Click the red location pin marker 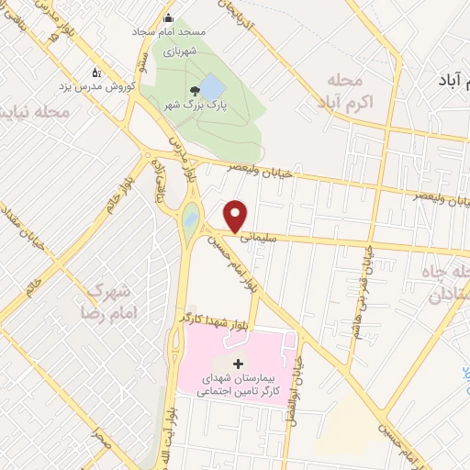point(236,215)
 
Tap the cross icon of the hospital point(239,364)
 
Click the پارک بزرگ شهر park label point(195,106)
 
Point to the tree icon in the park point(195,90)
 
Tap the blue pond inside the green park point(212,88)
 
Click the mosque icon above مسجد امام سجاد point(168,17)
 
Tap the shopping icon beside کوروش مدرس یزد point(95,73)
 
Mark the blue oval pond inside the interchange point(190,218)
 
